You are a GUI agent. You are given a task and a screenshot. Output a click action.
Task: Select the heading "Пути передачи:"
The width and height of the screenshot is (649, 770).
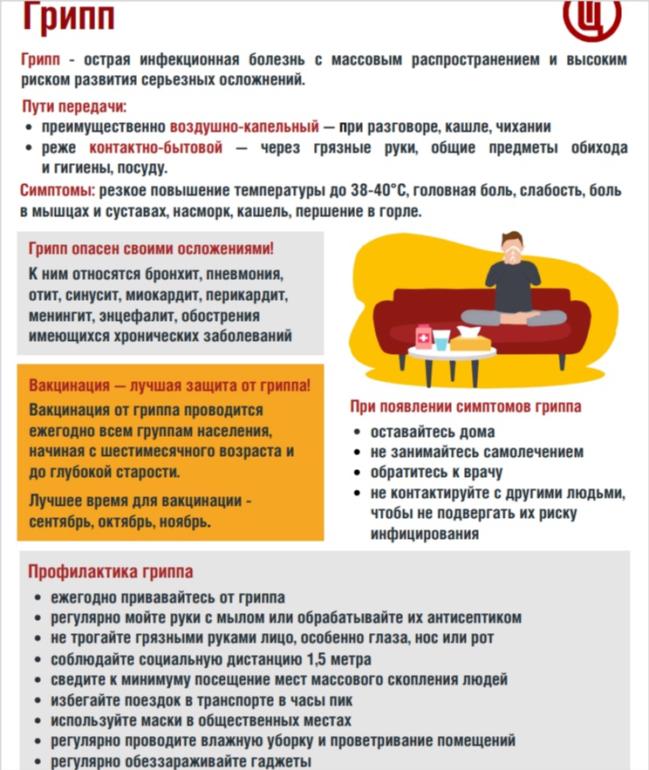74,106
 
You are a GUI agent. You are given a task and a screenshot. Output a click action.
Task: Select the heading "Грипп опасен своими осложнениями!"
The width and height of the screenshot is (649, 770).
151,249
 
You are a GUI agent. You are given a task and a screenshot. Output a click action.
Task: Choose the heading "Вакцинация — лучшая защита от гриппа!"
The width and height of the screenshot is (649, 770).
170,385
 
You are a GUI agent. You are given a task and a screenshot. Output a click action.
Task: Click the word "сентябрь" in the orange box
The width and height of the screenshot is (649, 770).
61,521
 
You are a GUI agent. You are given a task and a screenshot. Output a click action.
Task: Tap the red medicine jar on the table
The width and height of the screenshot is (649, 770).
424,337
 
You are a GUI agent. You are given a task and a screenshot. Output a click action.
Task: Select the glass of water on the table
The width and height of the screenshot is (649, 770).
443,339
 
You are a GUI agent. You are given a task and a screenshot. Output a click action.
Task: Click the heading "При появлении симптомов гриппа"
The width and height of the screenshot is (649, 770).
466,406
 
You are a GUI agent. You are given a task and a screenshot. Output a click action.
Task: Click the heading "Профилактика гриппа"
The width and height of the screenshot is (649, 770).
111,572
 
